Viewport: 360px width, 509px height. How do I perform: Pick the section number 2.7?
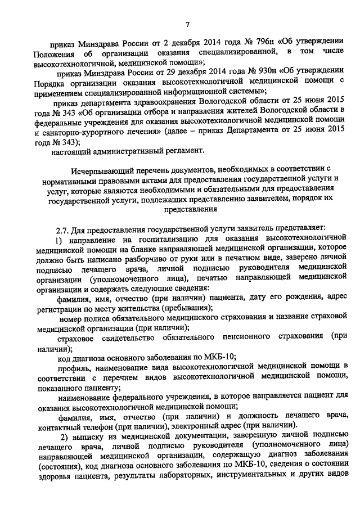(61, 228)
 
